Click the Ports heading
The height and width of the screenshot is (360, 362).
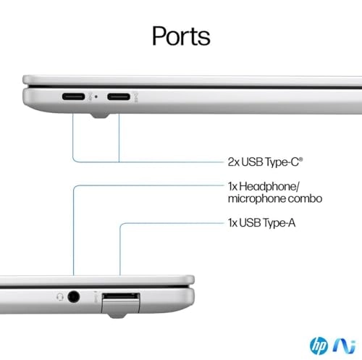[181, 36]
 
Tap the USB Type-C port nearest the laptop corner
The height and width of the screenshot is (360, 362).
[74, 96]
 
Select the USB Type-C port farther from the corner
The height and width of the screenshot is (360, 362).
[119, 97]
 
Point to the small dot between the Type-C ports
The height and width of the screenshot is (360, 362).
[96, 97]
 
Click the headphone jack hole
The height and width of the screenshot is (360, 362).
[74, 297]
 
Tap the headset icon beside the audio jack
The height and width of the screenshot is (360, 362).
[60, 297]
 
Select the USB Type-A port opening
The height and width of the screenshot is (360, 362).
[121, 296]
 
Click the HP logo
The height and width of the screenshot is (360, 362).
[319, 346]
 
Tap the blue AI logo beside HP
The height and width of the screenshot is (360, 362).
[344, 346]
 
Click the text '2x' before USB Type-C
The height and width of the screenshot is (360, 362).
[234, 162]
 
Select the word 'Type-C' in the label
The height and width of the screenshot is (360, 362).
[281, 162]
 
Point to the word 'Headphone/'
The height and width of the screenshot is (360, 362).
[269, 186]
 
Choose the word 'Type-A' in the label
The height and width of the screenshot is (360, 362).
[279, 223]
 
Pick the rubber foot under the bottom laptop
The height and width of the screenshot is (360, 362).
[117, 315]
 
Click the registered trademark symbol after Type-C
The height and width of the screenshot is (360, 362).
[300, 159]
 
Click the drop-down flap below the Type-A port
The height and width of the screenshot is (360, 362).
[121, 306]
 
